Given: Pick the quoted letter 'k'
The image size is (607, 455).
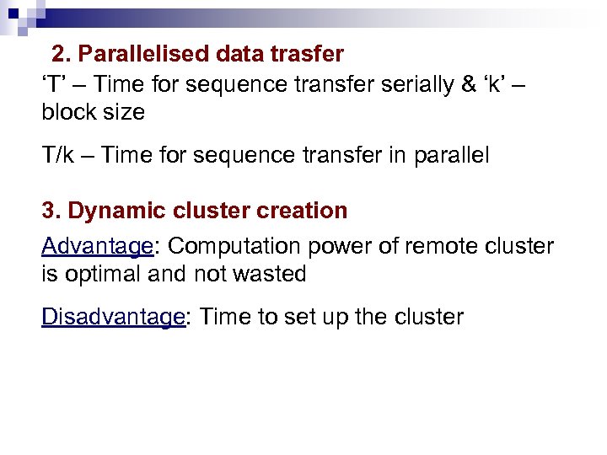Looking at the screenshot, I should coord(497,83).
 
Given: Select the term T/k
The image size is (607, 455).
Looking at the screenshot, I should coord(58,155).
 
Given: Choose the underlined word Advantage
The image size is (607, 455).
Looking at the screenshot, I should coord(96,246).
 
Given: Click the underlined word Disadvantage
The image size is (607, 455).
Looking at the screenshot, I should coord(113,317).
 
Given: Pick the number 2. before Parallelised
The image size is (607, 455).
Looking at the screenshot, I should coord(61,55).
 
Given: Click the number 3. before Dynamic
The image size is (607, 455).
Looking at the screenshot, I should coord(51,211).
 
